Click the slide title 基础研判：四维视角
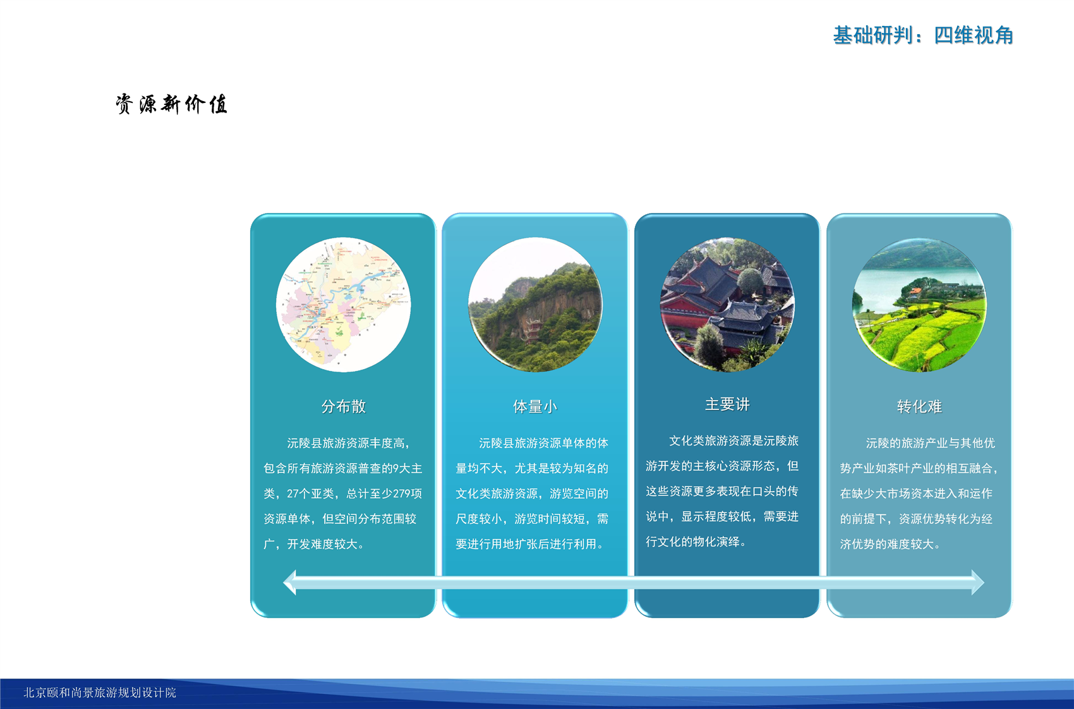click(923, 35)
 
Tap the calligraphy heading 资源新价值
click(171, 104)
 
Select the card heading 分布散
click(343, 406)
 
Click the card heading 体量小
click(535, 406)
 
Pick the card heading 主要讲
click(727, 404)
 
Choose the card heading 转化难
click(919, 406)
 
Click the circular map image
click(343, 305)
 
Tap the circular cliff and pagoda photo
click(535, 305)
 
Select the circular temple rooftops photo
click(727, 305)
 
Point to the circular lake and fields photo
click(919, 305)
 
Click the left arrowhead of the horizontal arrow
click(290, 583)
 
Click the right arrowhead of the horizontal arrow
click(977, 583)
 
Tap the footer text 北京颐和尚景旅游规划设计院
click(100, 693)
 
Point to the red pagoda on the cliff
click(533, 330)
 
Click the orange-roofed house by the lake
click(915, 292)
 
